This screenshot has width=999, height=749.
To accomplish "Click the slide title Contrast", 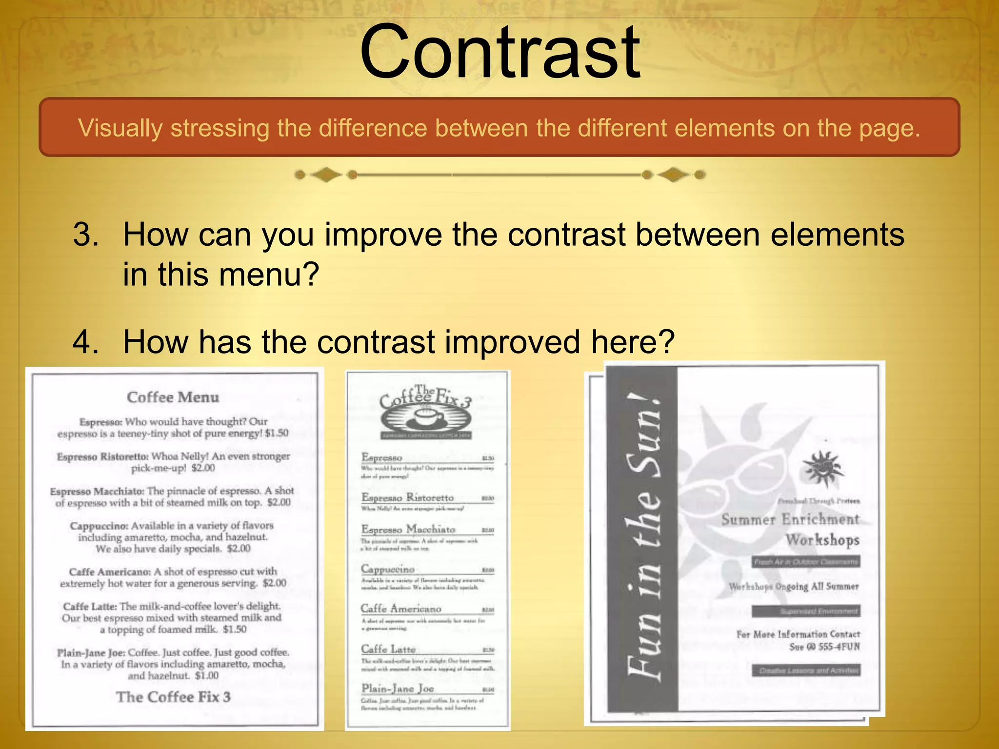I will (x=499, y=53).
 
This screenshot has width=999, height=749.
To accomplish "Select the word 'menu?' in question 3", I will (x=269, y=275).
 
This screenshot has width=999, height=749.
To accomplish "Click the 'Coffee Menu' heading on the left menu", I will (x=173, y=397).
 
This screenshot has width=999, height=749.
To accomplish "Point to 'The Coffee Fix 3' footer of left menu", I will (x=173, y=697).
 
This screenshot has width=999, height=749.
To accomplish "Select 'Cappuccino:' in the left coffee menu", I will (x=99, y=526).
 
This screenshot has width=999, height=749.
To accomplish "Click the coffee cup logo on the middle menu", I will (x=426, y=418).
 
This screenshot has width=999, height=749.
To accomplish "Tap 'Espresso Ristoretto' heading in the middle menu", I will (x=407, y=497).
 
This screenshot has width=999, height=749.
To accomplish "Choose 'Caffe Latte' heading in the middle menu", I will (x=388, y=649).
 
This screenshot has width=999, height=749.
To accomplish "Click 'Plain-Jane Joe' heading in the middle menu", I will (x=398, y=689).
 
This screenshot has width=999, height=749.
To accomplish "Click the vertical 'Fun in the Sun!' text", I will (x=644, y=536).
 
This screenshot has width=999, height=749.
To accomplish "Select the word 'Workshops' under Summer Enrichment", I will (x=822, y=540).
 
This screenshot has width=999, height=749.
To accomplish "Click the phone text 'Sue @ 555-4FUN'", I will (x=824, y=647).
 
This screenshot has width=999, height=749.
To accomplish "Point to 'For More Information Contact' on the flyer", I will (x=798, y=634).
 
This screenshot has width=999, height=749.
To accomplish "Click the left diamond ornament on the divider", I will (x=326, y=175).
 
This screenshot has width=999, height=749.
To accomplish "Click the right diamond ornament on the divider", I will (x=673, y=175).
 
